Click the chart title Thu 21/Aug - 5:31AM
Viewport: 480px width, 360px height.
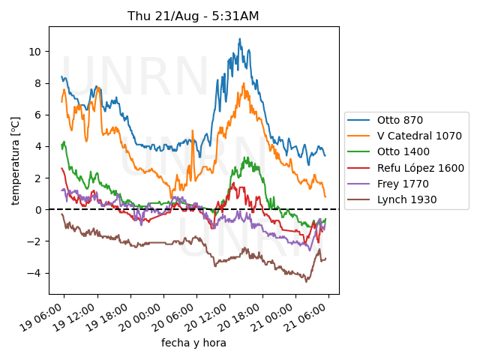tap(193, 16)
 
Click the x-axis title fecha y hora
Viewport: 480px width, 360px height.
tap(193, 343)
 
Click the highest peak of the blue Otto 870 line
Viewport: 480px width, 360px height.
tap(240, 39)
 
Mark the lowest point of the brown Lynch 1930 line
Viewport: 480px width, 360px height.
tap(306, 281)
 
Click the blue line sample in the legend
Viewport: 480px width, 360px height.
tap(361, 120)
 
